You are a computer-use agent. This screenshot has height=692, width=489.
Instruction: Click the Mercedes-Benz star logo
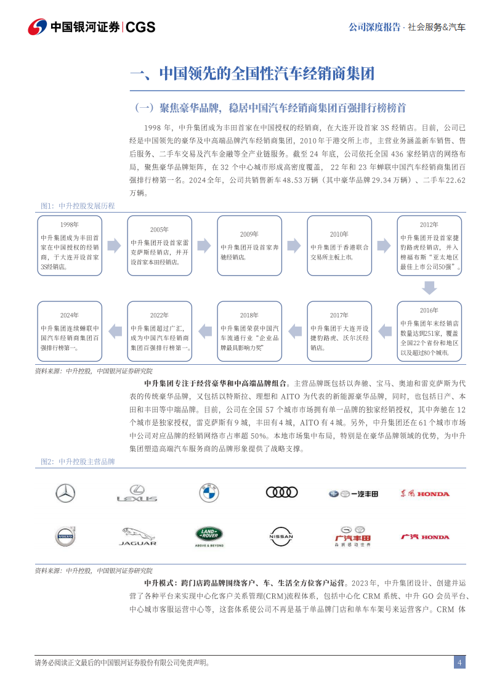tap(65, 493)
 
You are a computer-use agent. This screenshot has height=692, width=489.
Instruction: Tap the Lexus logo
tap(137, 494)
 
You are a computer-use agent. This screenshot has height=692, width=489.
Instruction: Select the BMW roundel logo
tap(209, 493)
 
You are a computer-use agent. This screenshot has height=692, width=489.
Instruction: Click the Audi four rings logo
tap(281, 492)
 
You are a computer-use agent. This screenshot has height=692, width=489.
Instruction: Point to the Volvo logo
tap(65, 536)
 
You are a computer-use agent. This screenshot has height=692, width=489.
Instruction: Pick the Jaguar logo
tap(137, 536)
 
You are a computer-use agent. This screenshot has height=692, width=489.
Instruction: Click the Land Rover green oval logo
tap(209, 536)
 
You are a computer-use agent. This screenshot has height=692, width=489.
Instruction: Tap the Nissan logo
tap(281, 536)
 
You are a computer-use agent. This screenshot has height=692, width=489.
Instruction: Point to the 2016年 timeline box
tap(429, 332)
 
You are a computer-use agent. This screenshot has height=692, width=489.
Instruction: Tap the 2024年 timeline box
tap(68, 332)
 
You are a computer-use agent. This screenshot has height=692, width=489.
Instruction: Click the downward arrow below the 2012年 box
tap(429, 288)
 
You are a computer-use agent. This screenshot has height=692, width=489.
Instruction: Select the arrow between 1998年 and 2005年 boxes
tap(114, 246)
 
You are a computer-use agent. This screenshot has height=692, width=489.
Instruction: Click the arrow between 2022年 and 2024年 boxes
tap(114, 332)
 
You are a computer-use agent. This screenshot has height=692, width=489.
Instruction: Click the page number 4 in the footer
tap(459, 662)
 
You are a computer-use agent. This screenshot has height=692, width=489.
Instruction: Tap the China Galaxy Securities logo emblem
tap(37, 27)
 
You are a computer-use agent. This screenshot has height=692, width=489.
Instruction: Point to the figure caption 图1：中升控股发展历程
tap(78, 206)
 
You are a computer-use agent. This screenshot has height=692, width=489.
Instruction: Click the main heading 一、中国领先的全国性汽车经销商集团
tap(253, 75)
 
